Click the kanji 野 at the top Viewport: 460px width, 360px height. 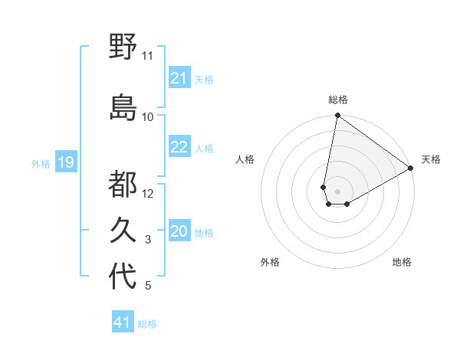tap(123, 47)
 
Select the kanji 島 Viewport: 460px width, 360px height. tap(123, 107)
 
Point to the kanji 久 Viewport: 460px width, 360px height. tap(123, 230)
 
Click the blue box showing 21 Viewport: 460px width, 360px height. tap(179, 78)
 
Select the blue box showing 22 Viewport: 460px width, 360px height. tap(179, 147)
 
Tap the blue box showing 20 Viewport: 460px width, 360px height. tap(179, 232)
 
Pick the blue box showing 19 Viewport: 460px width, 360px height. tap(65, 162)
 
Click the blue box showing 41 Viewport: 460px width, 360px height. tap(123, 322)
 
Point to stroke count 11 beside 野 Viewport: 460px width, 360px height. tap(147, 56)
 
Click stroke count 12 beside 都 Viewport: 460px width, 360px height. tap(148, 193)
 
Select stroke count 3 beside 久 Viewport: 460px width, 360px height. tap(148, 241)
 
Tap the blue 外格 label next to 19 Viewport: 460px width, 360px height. tap(40, 163)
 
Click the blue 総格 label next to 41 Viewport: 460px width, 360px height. tap(147, 323)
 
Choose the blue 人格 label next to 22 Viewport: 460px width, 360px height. tap(204, 148)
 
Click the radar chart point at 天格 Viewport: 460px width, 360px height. tap(412, 169)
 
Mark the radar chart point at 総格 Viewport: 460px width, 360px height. tap(337, 116)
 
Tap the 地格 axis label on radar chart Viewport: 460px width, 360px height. tap(402, 263)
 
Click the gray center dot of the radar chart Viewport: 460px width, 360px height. tap(337, 190)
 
